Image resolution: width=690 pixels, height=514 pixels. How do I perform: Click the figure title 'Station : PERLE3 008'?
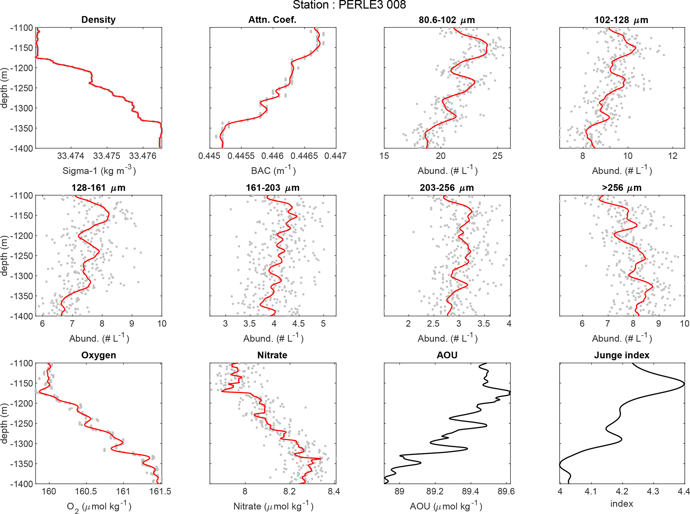click(349, 5)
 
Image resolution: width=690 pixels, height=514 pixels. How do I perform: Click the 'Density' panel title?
click(98, 20)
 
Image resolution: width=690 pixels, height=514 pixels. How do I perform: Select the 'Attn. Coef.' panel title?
click(272, 20)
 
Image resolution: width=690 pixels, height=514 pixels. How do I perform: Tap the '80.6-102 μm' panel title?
click(447, 20)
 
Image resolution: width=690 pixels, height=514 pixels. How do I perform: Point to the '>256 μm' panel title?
click(622, 188)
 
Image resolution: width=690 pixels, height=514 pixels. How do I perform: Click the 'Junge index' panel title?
click(622, 355)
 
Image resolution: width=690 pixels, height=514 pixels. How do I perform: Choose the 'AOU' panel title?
click(447, 355)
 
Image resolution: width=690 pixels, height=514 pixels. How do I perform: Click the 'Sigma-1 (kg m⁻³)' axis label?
click(99, 171)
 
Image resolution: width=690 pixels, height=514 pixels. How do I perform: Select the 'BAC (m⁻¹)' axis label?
click(273, 171)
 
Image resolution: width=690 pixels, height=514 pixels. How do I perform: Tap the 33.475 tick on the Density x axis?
click(107, 156)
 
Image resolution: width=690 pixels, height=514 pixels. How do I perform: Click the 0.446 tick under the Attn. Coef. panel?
click(273, 156)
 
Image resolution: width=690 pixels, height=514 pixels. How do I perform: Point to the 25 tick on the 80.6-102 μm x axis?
click(497, 156)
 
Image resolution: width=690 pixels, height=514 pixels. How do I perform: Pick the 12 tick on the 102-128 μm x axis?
click(673, 156)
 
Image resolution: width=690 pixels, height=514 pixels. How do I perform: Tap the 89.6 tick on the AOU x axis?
click(506, 492)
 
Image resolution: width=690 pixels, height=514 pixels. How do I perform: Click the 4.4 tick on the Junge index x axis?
click(684, 492)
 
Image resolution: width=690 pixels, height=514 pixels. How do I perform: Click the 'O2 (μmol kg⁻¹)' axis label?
click(99, 507)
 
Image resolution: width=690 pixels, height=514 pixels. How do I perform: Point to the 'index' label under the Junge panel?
click(622, 504)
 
